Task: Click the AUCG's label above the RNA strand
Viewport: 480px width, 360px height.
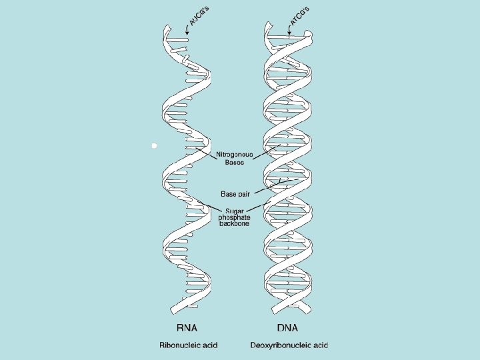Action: pyautogui.click(x=199, y=15)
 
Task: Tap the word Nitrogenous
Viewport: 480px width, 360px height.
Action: pyautogui.click(x=234, y=155)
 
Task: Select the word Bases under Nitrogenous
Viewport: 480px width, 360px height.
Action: pyautogui.click(x=234, y=163)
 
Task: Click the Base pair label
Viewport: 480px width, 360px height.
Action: pyautogui.click(x=235, y=193)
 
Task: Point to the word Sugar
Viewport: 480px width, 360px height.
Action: pyautogui.click(x=235, y=211)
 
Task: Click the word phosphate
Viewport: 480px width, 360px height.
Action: pyautogui.click(x=235, y=217)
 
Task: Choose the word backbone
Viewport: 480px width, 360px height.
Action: pyautogui.click(x=235, y=224)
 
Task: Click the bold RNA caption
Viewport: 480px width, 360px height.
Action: pyautogui.click(x=187, y=328)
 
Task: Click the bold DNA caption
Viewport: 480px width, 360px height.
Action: pyautogui.click(x=287, y=328)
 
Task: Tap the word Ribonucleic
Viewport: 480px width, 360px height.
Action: pyautogui.click(x=179, y=345)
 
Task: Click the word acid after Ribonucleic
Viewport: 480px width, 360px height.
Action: pyautogui.click(x=209, y=345)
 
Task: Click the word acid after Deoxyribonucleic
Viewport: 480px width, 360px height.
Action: pyautogui.click(x=321, y=345)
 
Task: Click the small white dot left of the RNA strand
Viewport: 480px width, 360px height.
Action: pyautogui.click(x=153, y=145)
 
